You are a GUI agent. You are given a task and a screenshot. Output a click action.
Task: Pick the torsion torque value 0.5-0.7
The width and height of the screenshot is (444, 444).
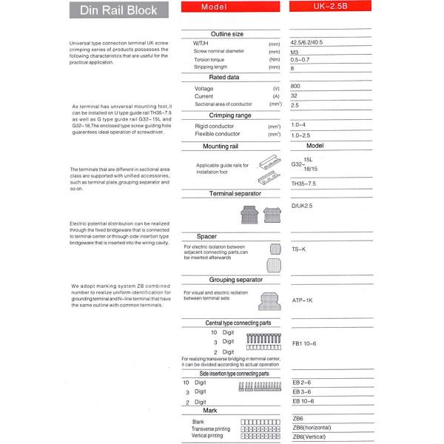point(300,60)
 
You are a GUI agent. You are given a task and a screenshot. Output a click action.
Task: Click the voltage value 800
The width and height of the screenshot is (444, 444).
point(296,87)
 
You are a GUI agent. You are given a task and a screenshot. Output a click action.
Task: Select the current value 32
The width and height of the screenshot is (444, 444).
point(295,96)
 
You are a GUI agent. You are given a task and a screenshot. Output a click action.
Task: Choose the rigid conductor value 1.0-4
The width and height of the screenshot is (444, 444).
point(298,125)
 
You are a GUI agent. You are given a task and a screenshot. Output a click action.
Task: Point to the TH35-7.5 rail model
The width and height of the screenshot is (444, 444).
point(303,183)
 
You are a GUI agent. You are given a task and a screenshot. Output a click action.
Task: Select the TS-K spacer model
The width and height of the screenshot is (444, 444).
point(299,249)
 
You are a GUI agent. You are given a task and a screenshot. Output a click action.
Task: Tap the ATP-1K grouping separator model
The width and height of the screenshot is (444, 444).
point(303,300)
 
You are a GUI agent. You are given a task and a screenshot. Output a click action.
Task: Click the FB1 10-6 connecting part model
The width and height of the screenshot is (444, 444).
point(304,344)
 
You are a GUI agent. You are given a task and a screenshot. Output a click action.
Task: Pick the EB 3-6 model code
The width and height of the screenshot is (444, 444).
point(302,391)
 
